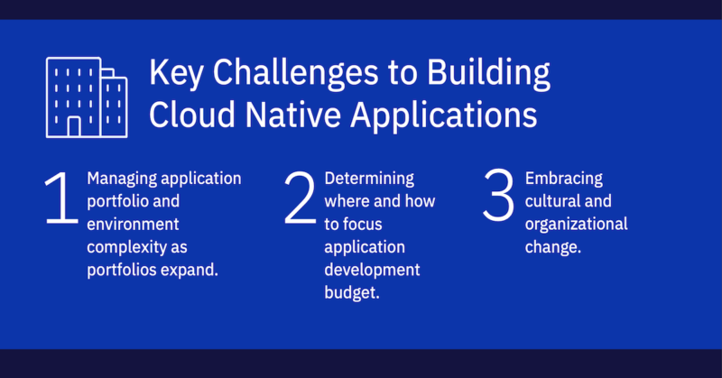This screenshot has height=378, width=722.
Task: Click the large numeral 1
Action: click(61, 199)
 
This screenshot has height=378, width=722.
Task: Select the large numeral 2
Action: click(301, 199)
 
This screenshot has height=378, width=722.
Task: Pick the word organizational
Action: click(576, 224)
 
